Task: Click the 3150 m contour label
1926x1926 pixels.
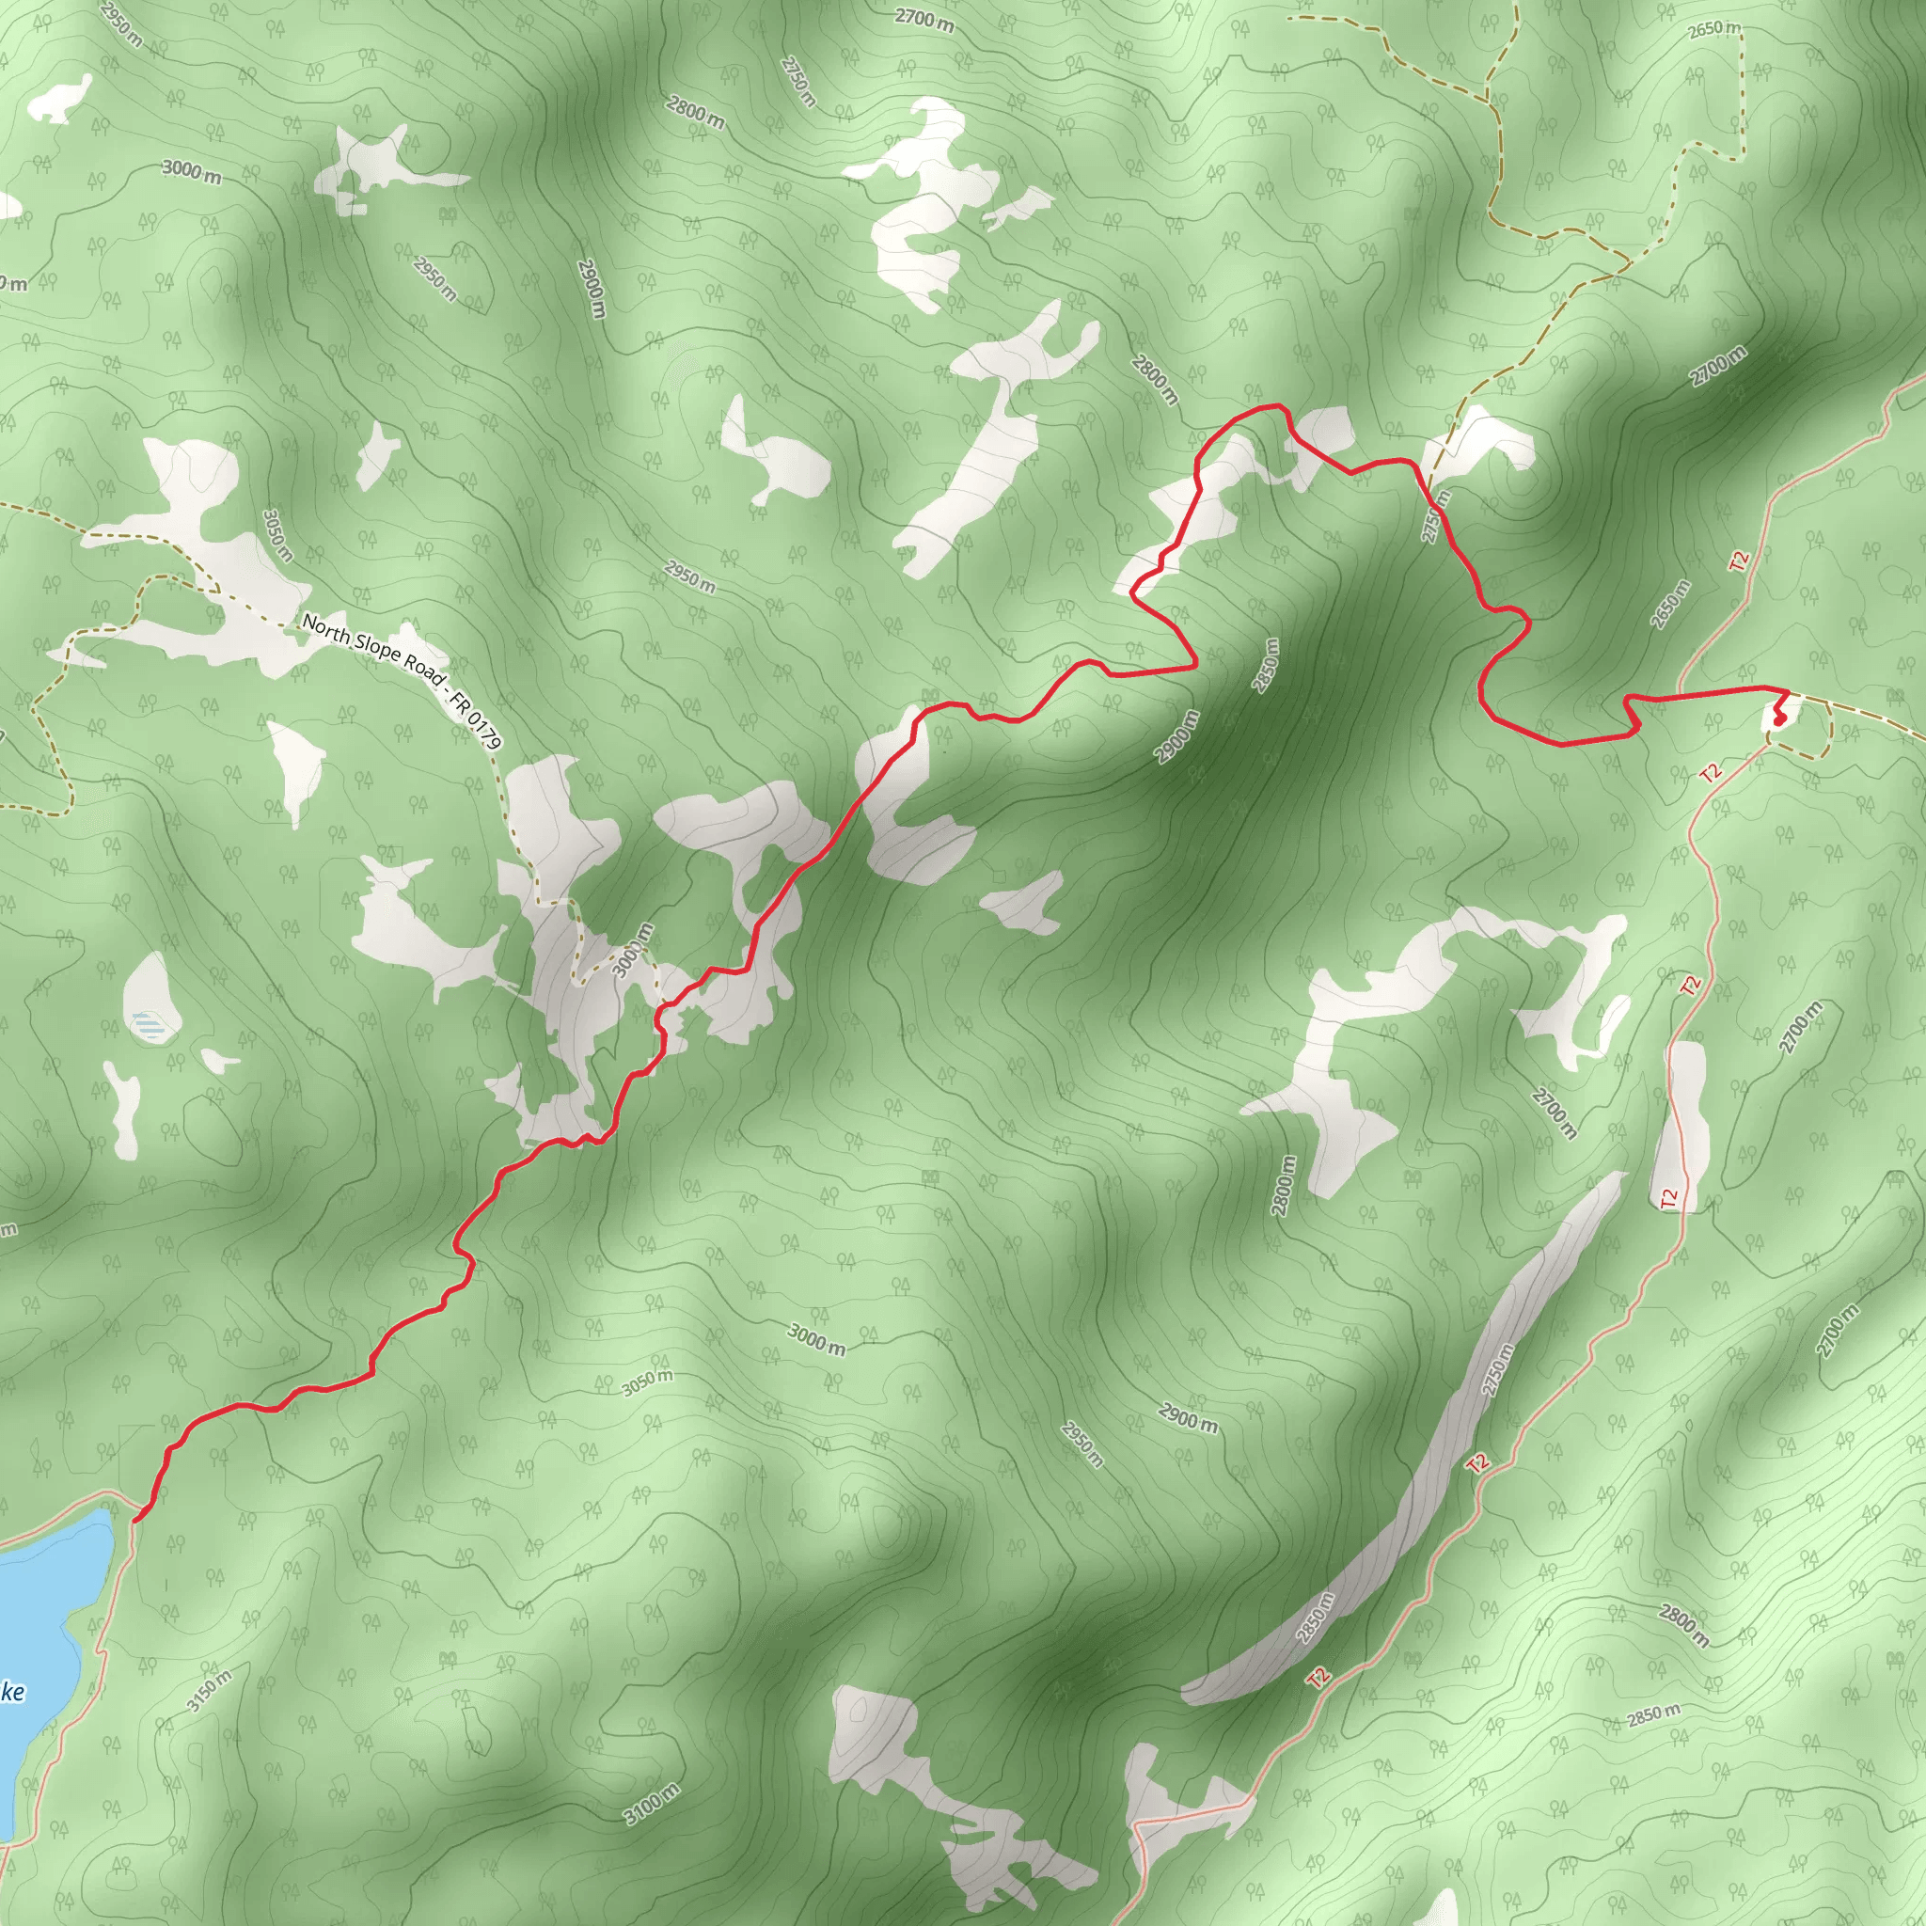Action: pos(209,1690)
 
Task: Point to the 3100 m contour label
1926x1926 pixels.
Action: pos(652,1804)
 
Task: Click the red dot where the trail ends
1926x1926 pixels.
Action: pos(1779,718)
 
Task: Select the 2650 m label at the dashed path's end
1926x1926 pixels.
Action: pos(1714,30)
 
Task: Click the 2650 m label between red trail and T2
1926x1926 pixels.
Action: pos(1671,603)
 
